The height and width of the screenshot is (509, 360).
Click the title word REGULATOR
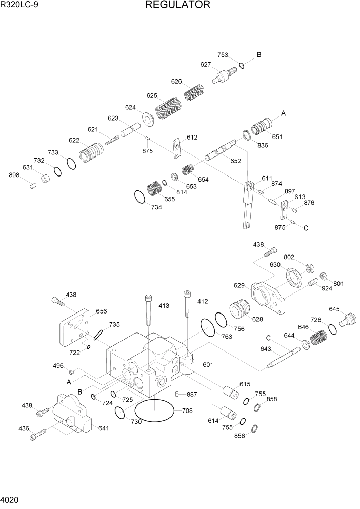177,6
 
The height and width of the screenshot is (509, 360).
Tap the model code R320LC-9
20,6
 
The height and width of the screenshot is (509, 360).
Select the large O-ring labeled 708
154,411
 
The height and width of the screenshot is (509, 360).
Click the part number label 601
208,365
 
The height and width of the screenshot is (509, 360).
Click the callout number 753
223,55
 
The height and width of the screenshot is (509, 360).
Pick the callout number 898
14,175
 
